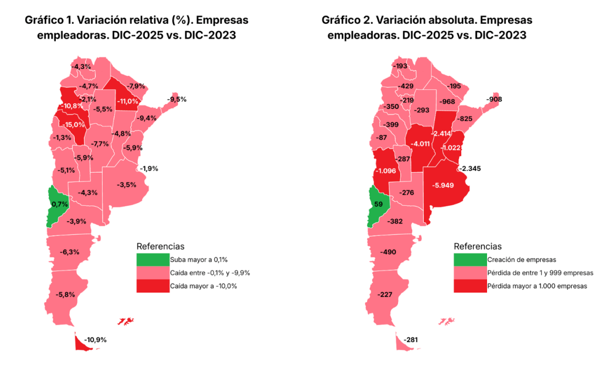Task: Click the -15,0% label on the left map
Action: coord(73,125)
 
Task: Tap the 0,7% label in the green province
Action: coord(59,204)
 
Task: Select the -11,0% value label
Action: coord(127,101)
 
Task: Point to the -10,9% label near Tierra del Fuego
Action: coord(95,340)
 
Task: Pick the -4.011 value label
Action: coord(420,144)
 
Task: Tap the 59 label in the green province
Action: coord(378,204)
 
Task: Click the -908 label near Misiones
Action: coord(494,99)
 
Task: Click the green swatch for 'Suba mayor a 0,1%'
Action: coord(152,259)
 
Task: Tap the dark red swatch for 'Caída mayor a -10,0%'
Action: coord(152,286)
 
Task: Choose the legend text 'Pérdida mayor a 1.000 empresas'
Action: coord(537,286)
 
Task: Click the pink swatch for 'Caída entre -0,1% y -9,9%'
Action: coord(152,273)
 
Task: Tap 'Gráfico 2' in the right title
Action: coord(346,20)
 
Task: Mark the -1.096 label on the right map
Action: coord(388,171)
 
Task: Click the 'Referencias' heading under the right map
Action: coord(478,246)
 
